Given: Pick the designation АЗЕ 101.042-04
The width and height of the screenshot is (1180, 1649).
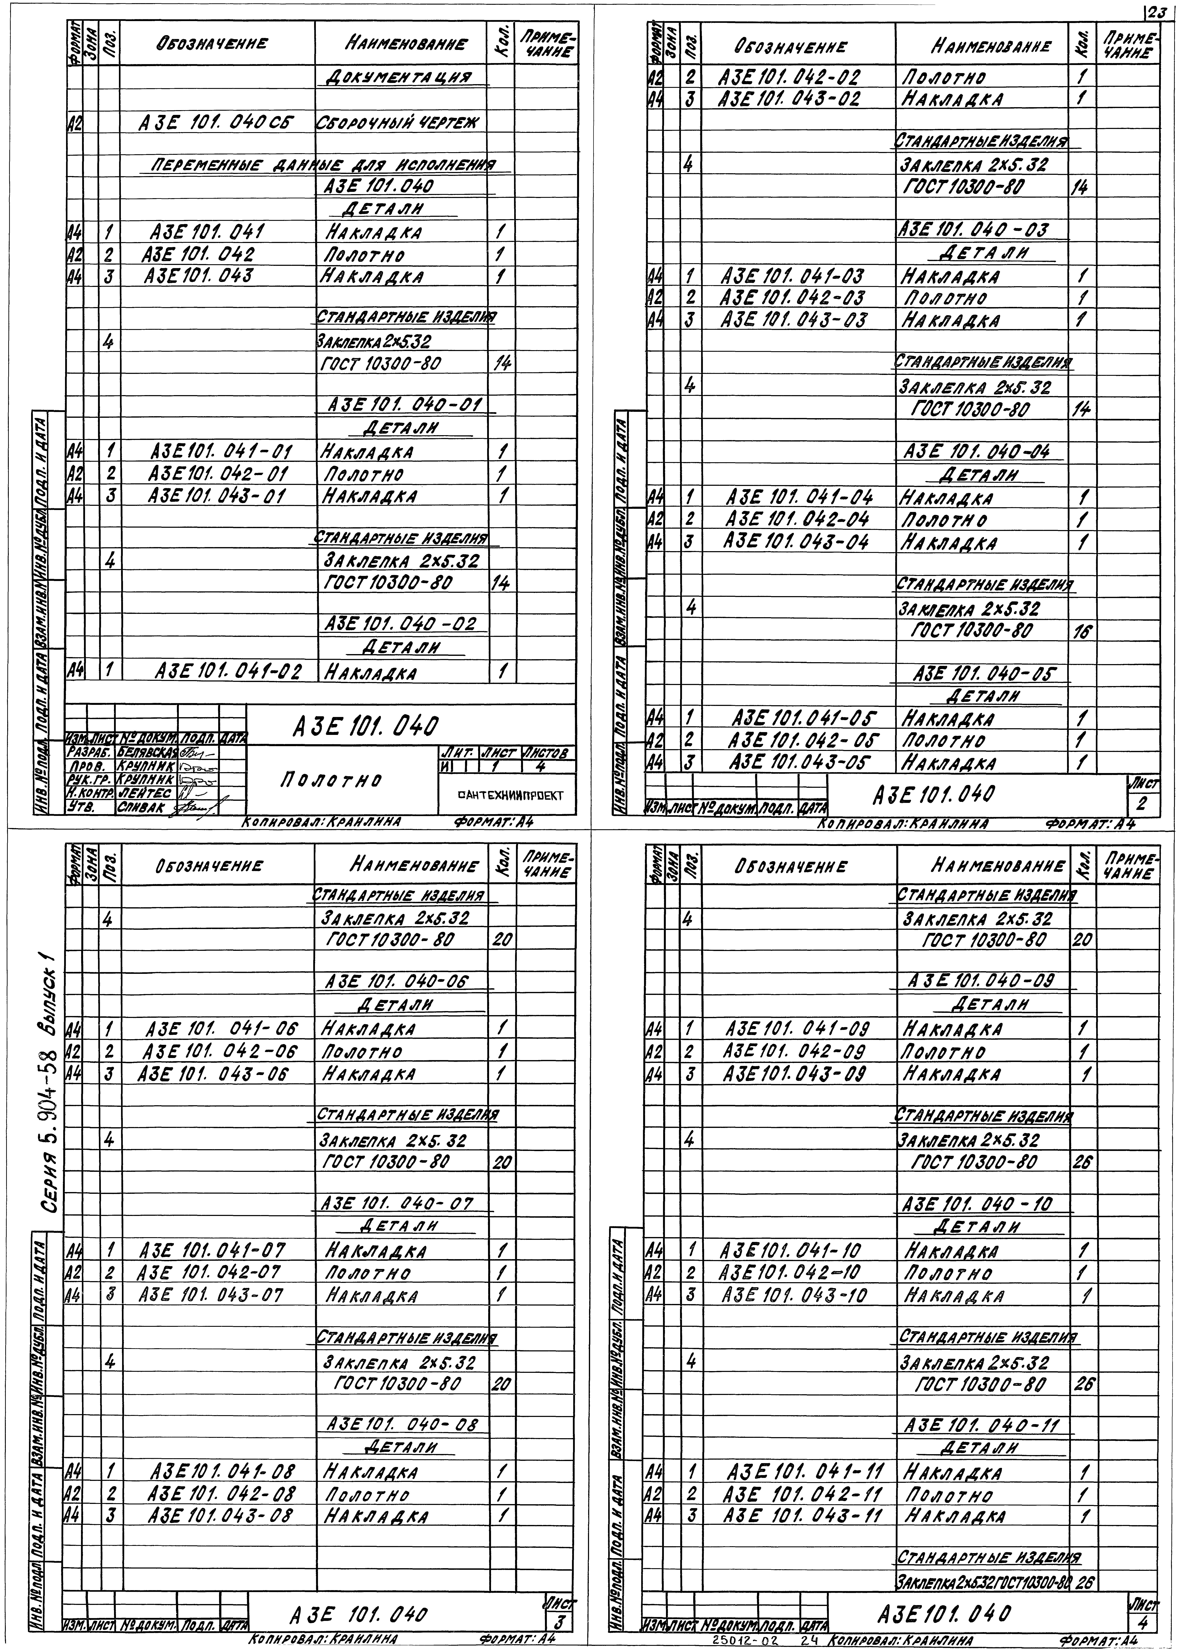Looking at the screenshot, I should pos(798,520).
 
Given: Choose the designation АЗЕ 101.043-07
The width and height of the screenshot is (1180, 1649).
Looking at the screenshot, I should pos(211,1294).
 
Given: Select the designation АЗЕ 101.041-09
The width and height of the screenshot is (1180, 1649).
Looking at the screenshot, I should pos(797,1028).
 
